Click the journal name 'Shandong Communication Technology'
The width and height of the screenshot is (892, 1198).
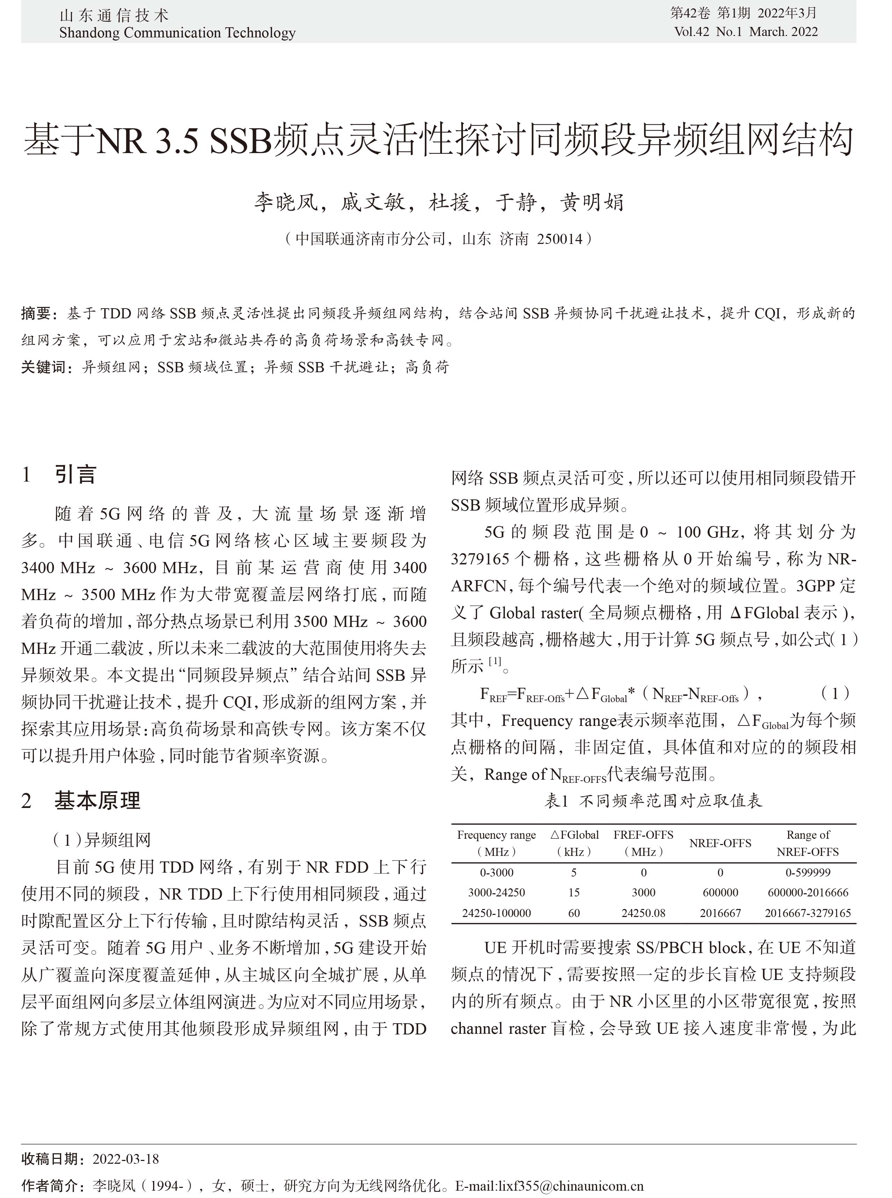pos(177,33)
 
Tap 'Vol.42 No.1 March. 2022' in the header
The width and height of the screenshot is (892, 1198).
pos(746,32)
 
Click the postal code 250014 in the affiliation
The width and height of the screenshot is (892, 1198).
pos(559,239)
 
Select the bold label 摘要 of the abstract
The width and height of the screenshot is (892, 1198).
pos(36,313)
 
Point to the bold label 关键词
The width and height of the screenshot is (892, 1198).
pos(43,368)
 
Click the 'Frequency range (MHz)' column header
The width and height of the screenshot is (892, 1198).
pos(496,843)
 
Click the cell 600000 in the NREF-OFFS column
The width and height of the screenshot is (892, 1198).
pos(720,893)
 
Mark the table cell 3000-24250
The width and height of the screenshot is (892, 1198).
pos(496,893)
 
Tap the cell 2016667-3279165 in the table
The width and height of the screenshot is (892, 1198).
pos(807,913)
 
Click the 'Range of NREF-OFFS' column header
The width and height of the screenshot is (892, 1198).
pos(807,843)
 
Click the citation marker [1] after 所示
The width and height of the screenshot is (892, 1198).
pos(494,662)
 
